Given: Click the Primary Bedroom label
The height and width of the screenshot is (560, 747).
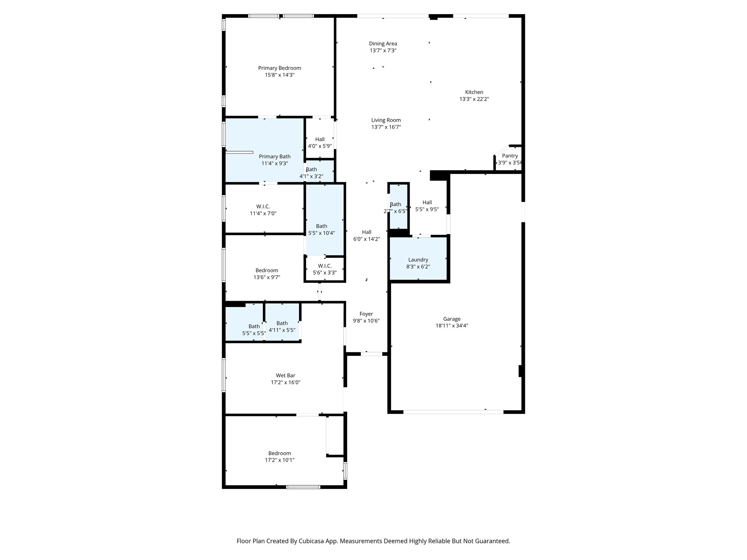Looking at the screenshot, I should [x=279, y=68].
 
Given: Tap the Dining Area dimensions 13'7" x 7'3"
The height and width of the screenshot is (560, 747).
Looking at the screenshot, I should [x=383, y=51].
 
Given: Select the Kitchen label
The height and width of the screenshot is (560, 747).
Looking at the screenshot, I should [x=474, y=92].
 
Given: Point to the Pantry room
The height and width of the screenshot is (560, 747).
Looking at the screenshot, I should [x=510, y=159].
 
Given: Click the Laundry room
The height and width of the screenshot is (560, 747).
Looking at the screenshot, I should [x=418, y=260].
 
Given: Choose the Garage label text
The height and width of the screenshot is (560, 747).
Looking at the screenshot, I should [x=452, y=319].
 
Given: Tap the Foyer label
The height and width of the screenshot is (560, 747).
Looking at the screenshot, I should [x=366, y=314].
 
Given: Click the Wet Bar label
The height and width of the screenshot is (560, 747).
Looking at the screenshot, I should [x=285, y=376].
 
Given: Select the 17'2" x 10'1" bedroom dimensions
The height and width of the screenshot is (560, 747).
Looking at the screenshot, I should [x=279, y=460].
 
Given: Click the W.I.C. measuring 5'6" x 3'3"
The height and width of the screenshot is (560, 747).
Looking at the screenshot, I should [x=325, y=269].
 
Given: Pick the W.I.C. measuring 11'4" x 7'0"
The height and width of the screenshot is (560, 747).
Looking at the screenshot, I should [x=263, y=210].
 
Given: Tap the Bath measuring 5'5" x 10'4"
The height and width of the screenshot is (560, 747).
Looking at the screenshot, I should [x=321, y=229].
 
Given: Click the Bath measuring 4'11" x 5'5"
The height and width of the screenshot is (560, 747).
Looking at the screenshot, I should [x=282, y=326].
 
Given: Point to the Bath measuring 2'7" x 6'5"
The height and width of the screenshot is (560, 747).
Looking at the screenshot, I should [x=395, y=207].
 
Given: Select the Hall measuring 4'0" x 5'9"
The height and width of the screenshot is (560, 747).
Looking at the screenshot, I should [x=320, y=143].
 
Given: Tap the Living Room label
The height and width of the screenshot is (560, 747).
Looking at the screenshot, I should [x=386, y=120].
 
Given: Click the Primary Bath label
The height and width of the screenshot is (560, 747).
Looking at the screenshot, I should [x=275, y=157].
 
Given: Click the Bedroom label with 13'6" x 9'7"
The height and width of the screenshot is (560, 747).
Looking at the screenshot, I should [x=267, y=271].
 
